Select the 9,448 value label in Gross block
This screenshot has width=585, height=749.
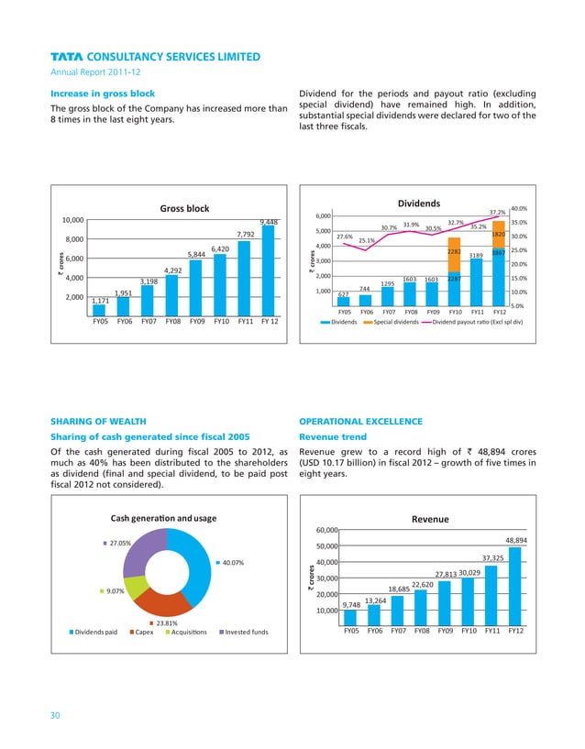(269, 222)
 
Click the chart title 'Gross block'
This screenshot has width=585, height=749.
(184, 209)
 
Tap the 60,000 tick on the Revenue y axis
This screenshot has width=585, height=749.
(327, 530)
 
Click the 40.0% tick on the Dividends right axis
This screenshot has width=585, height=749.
(518, 208)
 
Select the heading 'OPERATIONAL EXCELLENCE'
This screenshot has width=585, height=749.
(361, 421)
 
